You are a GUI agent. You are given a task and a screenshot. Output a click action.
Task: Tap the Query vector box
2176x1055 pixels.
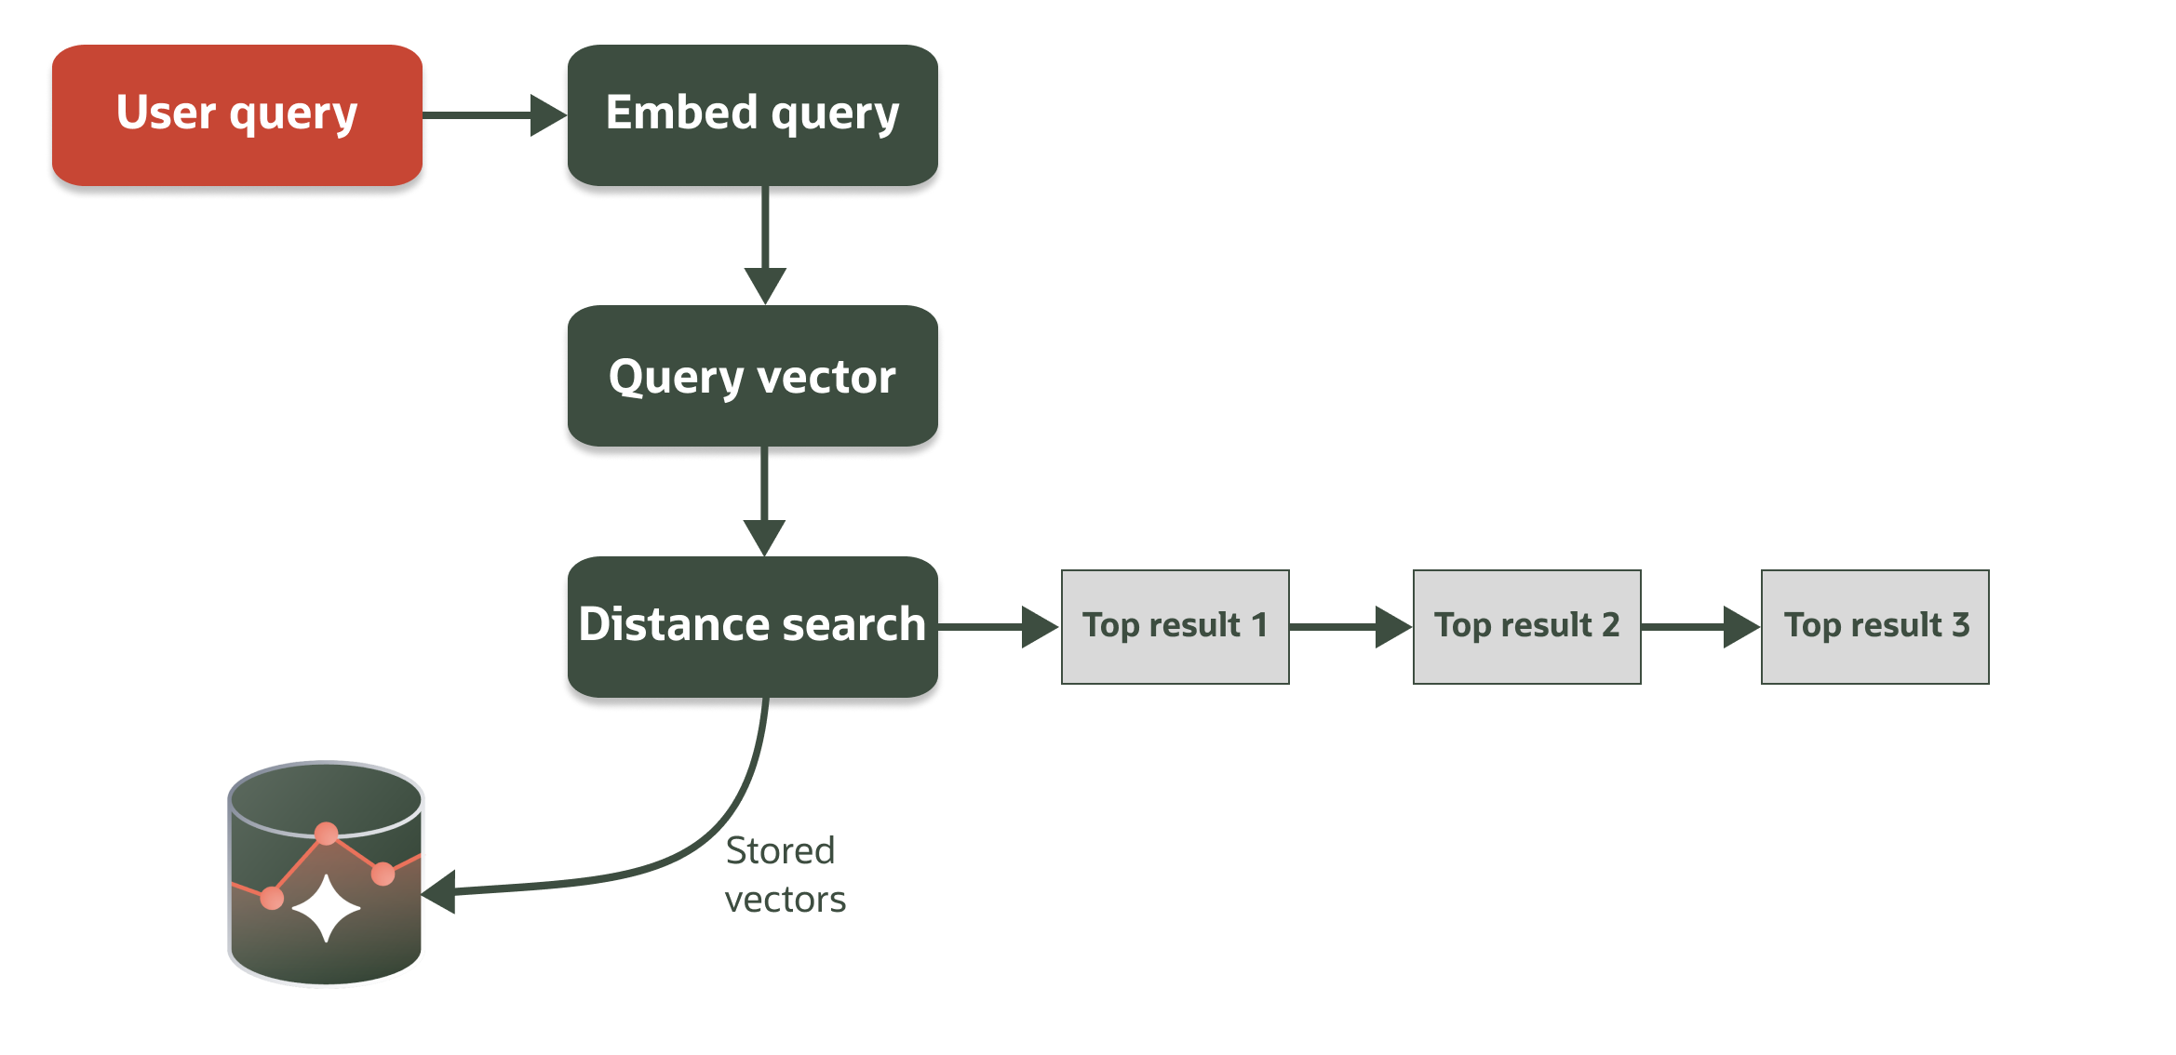(x=752, y=376)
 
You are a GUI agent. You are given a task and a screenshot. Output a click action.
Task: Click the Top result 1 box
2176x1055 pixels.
(x=1175, y=626)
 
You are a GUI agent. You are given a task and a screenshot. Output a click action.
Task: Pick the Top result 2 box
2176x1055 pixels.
(x=1526, y=626)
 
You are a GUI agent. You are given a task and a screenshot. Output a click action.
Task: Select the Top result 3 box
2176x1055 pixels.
(x=1874, y=626)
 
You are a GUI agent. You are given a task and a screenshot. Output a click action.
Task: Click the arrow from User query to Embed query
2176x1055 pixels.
(x=493, y=115)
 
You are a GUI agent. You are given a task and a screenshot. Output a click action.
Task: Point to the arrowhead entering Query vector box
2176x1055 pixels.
(x=765, y=285)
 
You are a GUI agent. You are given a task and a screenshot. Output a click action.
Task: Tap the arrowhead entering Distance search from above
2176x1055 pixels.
(x=765, y=537)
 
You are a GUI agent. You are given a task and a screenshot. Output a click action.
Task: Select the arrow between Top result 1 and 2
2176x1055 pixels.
(x=1350, y=627)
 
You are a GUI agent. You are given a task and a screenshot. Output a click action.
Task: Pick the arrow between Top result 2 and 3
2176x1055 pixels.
(x=1699, y=627)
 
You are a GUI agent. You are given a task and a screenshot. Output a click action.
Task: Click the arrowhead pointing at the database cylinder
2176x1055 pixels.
(x=439, y=892)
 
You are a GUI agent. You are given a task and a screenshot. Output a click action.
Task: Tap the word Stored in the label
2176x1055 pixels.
(x=780, y=850)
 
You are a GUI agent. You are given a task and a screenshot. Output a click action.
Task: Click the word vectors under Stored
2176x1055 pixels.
(x=785, y=900)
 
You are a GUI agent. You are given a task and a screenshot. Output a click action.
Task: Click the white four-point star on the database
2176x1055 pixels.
(x=326, y=908)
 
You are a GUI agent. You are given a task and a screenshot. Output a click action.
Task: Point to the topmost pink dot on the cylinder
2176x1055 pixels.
(x=327, y=834)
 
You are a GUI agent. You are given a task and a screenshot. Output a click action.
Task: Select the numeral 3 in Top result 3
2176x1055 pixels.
(x=1960, y=624)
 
